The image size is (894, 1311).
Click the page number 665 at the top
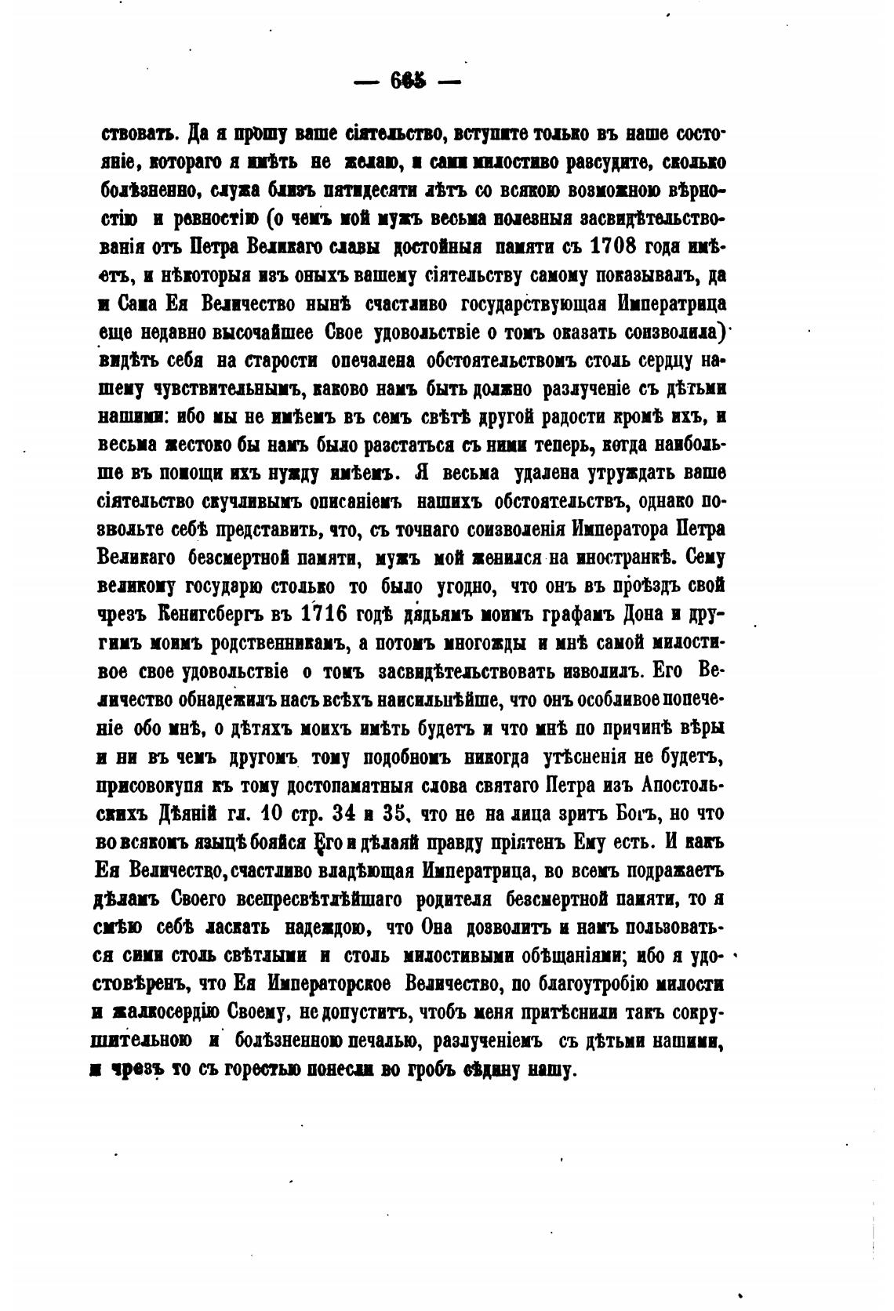405,81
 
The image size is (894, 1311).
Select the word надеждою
328,928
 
